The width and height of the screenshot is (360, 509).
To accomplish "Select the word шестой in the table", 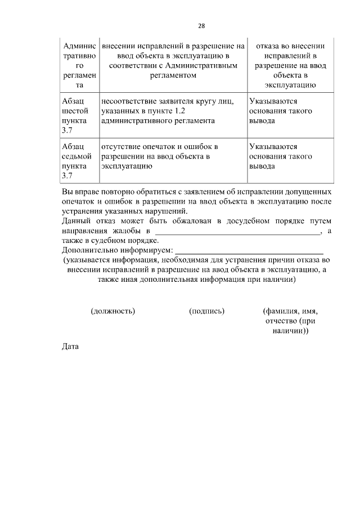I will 74,111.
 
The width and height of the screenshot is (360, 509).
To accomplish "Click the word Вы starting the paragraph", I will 67,191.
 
